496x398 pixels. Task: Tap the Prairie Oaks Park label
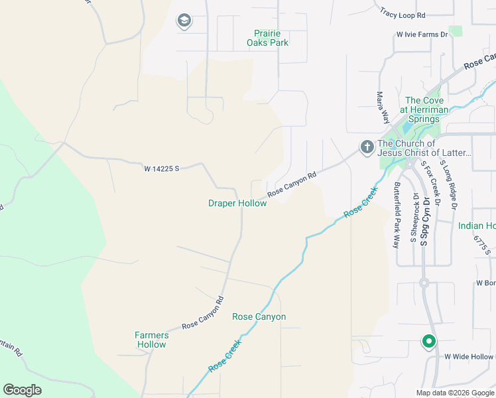[272, 38]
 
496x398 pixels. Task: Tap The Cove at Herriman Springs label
[424, 109]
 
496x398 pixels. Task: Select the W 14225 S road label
[162, 169]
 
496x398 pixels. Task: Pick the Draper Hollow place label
[237, 204]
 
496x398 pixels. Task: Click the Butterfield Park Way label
[397, 214]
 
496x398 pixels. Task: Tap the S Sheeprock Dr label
[413, 218]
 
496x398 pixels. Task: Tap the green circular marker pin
[429, 342]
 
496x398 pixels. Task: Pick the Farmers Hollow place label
[152, 340]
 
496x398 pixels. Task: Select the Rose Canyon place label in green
[259, 316]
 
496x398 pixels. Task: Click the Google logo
[22, 390]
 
